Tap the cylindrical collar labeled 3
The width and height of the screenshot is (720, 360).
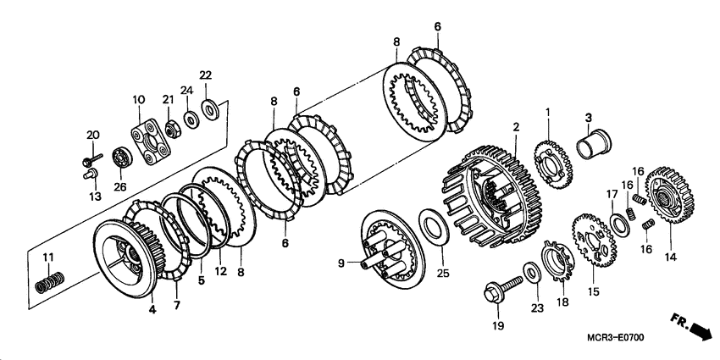[594, 144]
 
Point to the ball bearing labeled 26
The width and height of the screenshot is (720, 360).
[122, 158]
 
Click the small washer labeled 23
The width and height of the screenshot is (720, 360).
[532, 272]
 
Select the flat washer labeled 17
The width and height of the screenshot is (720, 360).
[620, 223]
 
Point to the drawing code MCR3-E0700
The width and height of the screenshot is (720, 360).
[616, 338]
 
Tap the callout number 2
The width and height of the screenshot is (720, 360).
[516, 127]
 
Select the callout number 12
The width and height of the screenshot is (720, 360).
[220, 271]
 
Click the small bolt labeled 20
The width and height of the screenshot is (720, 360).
[92, 160]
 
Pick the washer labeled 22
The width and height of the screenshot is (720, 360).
[209, 110]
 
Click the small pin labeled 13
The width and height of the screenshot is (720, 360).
[91, 174]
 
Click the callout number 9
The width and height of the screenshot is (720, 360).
[341, 263]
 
